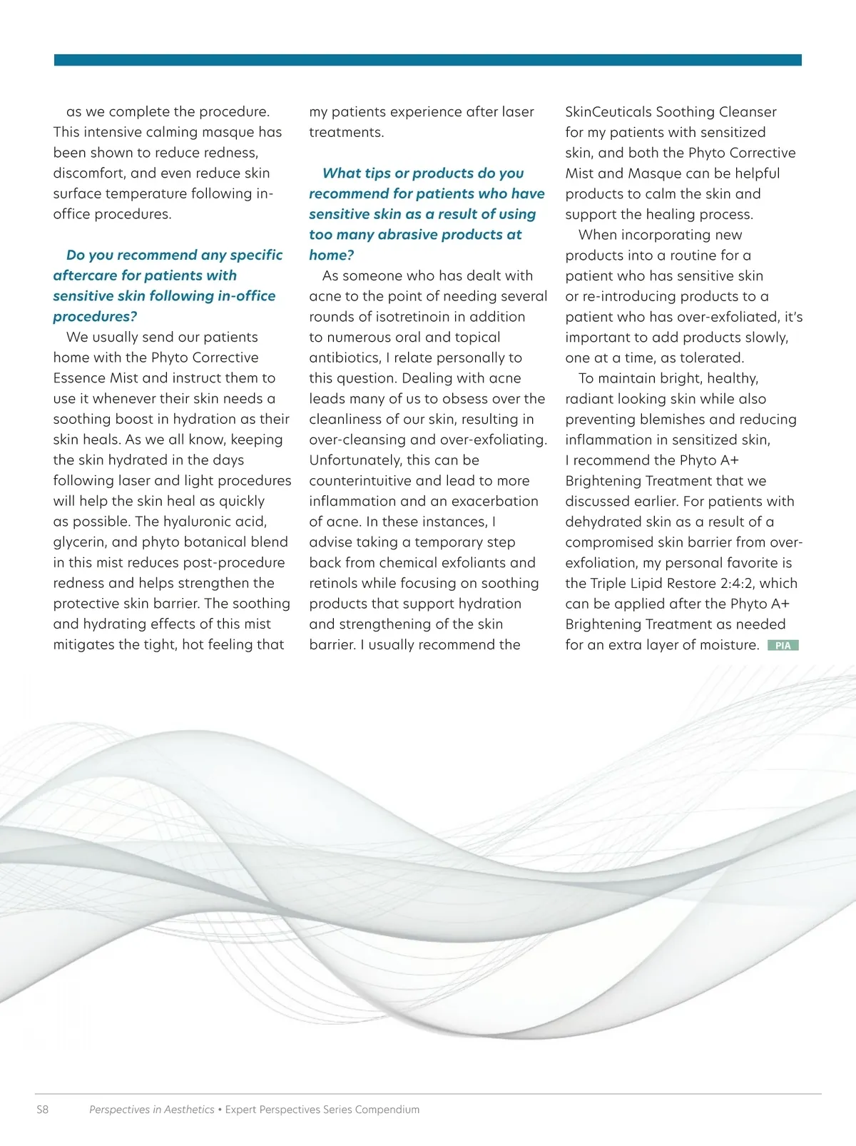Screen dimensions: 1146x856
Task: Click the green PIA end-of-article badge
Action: click(783, 645)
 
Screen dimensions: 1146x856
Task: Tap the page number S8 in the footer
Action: click(43, 1110)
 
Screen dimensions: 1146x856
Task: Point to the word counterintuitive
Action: click(360, 481)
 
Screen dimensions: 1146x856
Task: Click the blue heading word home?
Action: click(331, 255)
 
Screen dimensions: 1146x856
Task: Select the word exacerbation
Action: click(494, 501)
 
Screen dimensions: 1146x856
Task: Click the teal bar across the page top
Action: click(428, 60)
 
